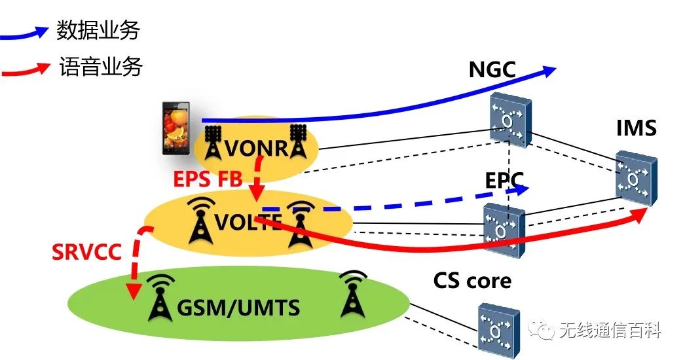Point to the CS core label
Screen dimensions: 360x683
click(x=471, y=280)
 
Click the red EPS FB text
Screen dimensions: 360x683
click(x=208, y=178)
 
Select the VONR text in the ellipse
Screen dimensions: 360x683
click(x=256, y=149)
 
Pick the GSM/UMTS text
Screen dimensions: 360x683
click(x=240, y=306)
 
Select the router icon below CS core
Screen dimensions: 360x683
click(x=498, y=329)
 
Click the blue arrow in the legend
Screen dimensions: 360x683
click(x=26, y=31)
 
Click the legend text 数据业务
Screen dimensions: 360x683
click(x=98, y=30)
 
